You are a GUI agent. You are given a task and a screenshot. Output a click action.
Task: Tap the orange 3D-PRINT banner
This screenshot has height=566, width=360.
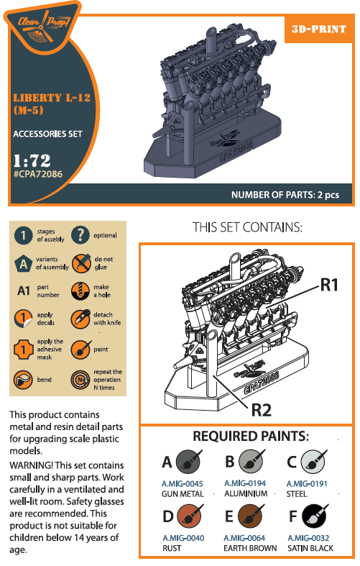tap(319, 29)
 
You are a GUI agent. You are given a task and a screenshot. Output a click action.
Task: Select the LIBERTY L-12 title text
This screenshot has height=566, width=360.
tap(52, 98)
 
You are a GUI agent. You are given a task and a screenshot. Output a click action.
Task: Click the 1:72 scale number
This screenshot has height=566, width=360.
tap(32, 160)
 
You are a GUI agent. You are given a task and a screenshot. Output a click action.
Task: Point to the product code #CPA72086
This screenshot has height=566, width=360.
tap(38, 174)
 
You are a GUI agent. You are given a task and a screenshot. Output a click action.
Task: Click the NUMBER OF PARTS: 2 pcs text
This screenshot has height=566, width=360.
tap(285, 195)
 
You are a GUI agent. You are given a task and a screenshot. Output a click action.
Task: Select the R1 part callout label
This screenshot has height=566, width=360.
tap(329, 286)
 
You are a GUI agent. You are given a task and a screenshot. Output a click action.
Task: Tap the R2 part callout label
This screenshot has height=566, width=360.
tap(261, 410)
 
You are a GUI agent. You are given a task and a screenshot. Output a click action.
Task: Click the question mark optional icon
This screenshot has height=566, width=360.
tap(80, 235)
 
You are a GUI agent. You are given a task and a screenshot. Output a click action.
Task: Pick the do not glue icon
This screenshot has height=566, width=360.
tap(80, 263)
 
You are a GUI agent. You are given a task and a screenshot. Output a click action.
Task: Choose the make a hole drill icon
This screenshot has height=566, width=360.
tap(80, 291)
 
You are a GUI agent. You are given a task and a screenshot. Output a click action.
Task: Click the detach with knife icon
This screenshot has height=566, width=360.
tap(80, 319)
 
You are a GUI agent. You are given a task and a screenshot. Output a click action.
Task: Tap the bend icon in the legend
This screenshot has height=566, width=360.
tap(23, 380)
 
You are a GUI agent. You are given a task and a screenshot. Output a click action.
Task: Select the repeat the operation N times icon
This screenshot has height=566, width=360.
tap(80, 380)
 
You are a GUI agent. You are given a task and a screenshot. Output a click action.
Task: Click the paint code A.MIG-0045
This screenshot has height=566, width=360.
tap(183, 484)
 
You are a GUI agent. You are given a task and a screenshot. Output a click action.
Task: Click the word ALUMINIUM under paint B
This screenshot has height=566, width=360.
tap(246, 494)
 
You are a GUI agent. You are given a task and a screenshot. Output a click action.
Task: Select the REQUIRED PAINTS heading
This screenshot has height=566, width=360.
tap(251, 436)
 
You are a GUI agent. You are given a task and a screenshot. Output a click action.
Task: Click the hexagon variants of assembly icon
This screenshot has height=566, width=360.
tap(23, 263)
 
